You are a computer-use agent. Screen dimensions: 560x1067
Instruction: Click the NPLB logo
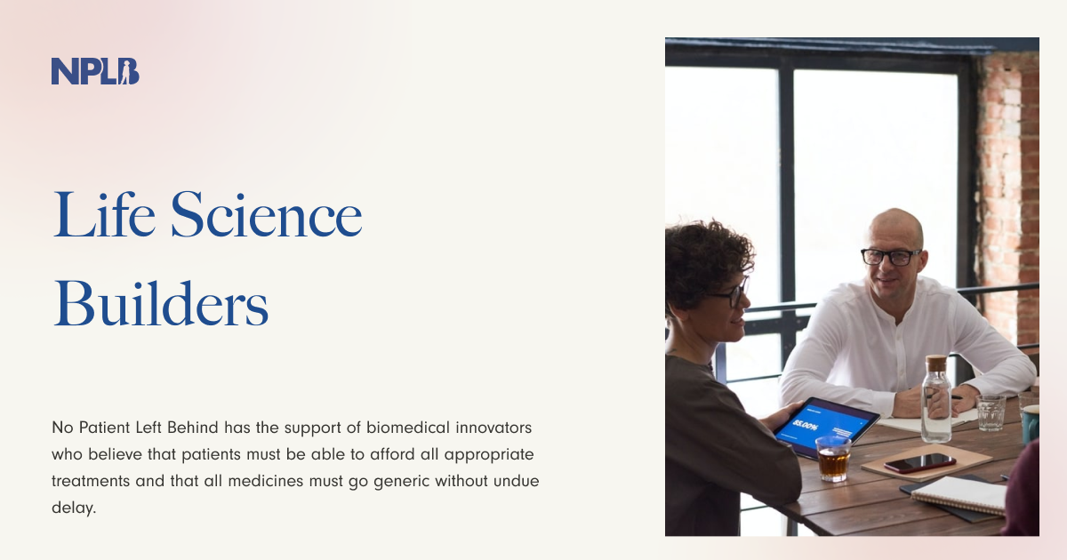coord(95,71)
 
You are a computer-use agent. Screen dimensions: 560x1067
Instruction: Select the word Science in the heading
coord(266,215)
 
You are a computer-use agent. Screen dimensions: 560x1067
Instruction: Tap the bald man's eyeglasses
coord(891,256)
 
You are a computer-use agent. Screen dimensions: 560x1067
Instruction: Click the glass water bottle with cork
coord(935,404)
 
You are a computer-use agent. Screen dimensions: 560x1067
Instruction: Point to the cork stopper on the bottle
coord(935,363)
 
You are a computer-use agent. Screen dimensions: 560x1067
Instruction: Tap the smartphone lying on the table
coord(919,462)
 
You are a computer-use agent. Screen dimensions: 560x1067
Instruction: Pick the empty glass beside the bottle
coord(991,412)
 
